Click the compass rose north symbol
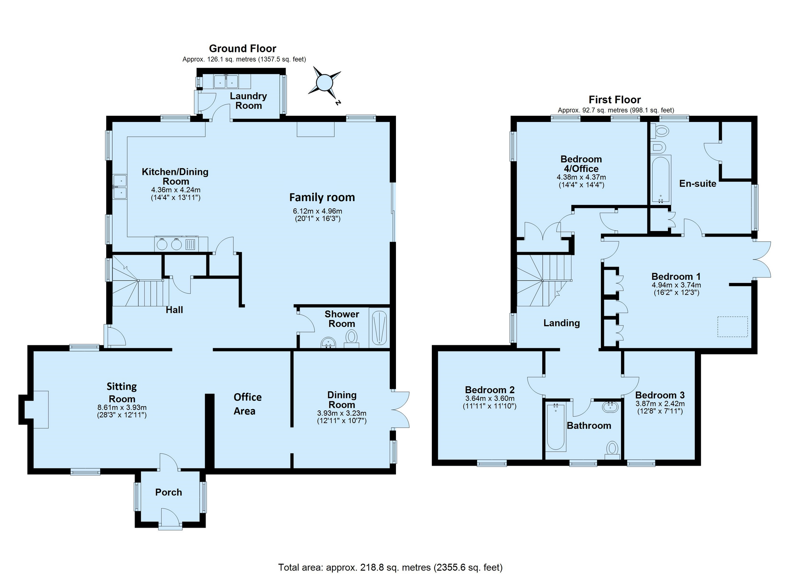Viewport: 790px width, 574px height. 325,83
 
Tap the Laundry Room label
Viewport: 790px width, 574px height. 249,101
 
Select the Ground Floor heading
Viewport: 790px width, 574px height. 243,48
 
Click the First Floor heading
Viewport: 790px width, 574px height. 615,100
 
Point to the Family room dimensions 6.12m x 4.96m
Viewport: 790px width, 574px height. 318,211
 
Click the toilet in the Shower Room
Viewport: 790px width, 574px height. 352,339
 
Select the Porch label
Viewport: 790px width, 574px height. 169,492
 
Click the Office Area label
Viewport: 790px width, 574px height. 247,404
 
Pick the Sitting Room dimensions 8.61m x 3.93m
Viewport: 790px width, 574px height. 122,408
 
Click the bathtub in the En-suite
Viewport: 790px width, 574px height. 661,179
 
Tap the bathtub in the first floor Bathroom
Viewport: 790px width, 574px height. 556,427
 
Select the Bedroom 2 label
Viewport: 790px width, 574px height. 490,390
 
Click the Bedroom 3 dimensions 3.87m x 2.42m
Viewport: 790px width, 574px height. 660,404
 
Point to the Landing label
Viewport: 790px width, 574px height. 562,323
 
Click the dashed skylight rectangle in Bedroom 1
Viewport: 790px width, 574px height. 733,327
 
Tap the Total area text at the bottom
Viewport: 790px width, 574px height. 390,567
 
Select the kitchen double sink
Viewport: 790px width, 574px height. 120,187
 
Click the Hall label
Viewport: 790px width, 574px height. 174,310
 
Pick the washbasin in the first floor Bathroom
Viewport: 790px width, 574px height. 611,407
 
